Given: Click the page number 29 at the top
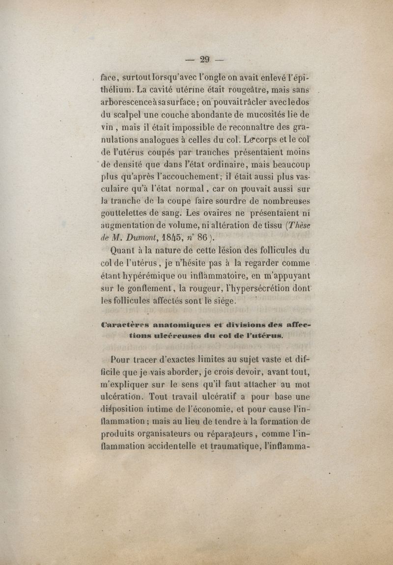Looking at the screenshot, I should [x=205, y=60].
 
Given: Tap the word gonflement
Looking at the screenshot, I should [x=155, y=288].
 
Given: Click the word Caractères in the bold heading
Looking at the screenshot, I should [x=124, y=324].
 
